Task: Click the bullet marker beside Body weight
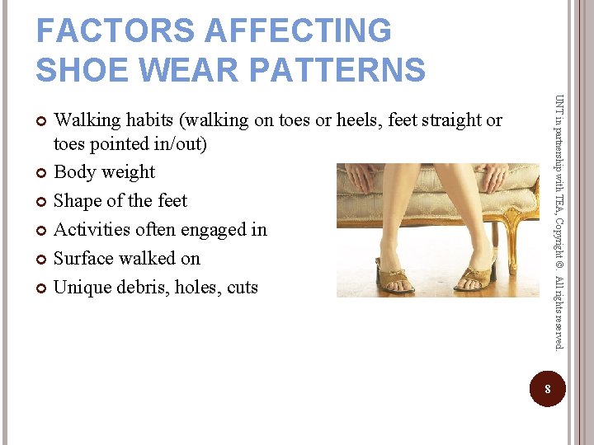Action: (x=42, y=173)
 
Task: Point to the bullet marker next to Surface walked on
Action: (x=42, y=260)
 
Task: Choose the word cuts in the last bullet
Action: (x=240, y=288)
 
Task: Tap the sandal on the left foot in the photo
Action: (x=395, y=279)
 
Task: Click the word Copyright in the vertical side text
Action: (x=559, y=244)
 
